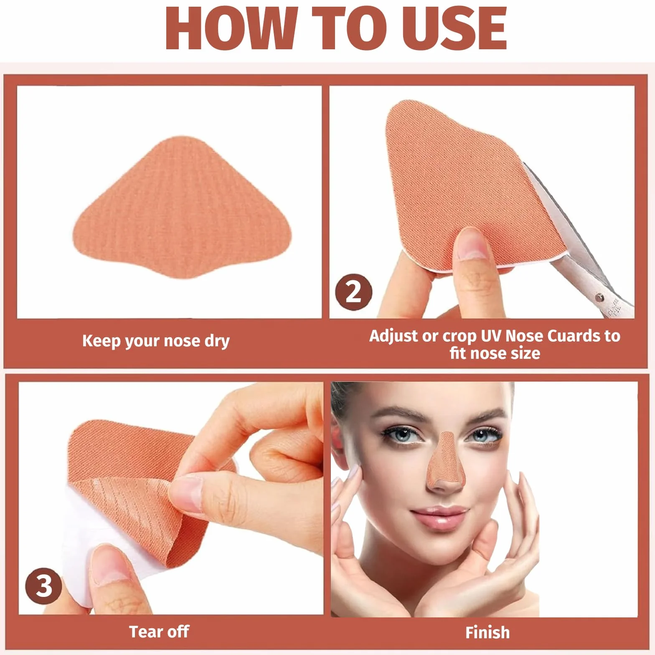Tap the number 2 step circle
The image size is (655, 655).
point(353,292)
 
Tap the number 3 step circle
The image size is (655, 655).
point(44,586)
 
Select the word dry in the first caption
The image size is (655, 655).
point(217,341)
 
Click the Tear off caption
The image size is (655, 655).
point(159,632)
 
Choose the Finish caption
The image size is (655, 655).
point(487,632)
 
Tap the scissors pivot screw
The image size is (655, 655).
point(599,297)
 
